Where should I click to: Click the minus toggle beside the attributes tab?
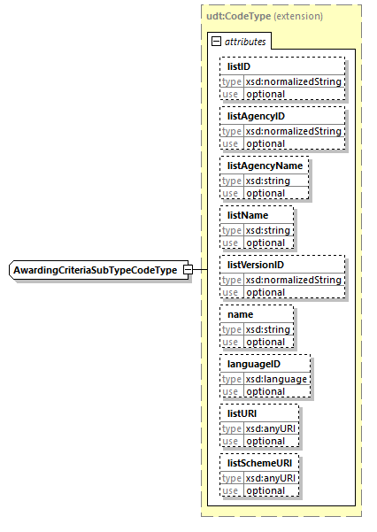(x=216, y=42)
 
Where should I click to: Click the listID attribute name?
(x=239, y=66)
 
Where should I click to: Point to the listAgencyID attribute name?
(x=256, y=116)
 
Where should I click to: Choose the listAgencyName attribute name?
(x=265, y=166)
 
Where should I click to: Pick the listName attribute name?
(x=248, y=215)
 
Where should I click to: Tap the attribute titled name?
(x=241, y=314)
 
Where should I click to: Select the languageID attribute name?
(x=254, y=364)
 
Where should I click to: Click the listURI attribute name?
(x=243, y=413)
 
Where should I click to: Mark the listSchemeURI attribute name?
(x=261, y=463)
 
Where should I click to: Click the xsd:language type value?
(x=277, y=379)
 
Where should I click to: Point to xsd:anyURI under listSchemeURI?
(x=272, y=478)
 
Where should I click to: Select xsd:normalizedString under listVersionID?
(x=293, y=280)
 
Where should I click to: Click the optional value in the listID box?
(x=265, y=94)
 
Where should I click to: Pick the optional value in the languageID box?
(x=265, y=391)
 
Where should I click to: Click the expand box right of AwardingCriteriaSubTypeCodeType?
(x=188, y=269)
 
